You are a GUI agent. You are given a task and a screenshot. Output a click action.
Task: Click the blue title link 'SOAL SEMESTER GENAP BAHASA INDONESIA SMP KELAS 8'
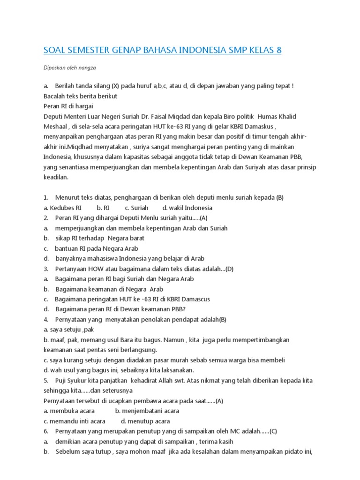[x=162, y=50]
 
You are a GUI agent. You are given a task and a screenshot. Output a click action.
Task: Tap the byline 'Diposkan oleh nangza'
[x=69, y=68]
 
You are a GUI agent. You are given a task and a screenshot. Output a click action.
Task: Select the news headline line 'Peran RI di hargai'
[x=68, y=106]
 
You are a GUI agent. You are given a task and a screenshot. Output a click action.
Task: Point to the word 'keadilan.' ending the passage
[x=56, y=177]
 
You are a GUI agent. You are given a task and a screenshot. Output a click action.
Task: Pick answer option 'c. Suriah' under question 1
[x=136, y=208]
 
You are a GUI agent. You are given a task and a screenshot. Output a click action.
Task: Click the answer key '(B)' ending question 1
[x=280, y=198]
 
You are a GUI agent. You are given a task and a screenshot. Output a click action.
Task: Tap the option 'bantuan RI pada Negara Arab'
[x=97, y=248]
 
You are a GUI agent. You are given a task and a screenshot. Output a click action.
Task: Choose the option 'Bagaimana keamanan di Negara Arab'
[x=109, y=289]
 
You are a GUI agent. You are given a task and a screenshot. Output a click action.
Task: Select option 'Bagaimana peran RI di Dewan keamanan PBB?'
[x=120, y=309]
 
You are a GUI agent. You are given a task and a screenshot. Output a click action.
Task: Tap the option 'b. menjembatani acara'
[x=147, y=411]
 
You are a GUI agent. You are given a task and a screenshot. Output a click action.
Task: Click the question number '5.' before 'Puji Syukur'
[x=46, y=380]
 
